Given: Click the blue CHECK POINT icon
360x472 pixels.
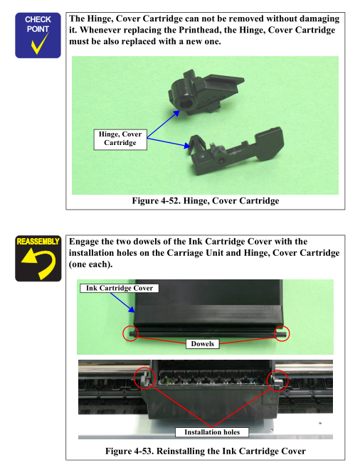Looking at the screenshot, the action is point(38,36).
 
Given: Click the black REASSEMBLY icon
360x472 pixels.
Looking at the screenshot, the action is point(38,258).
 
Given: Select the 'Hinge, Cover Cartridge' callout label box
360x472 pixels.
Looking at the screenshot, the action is point(120,139).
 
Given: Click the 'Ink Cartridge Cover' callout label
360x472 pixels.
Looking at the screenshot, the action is point(120,288).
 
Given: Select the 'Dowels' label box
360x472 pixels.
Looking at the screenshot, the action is point(203,344).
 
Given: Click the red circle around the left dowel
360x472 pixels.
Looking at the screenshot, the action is point(130,333).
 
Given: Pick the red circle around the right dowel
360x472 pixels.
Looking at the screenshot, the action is point(282,333).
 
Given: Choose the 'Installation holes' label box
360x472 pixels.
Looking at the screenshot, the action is point(212,432).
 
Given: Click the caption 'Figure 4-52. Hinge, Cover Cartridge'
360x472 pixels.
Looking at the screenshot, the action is point(206,200).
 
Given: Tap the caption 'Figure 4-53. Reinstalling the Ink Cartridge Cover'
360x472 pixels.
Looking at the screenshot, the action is point(206,451).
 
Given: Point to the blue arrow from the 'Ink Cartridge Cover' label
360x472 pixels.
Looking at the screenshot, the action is point(122,303).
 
